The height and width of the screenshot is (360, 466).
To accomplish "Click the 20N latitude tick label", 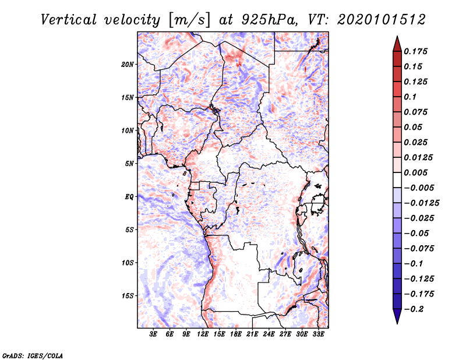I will [128, 64].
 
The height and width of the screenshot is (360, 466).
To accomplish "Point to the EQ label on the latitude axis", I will [129, 197].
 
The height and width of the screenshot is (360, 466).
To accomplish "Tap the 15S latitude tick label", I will [128, 296].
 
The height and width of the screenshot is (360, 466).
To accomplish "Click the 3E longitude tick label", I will [154, 334].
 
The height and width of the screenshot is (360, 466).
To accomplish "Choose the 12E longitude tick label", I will [203, 334].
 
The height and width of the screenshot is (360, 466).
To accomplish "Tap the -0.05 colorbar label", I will [415, 233].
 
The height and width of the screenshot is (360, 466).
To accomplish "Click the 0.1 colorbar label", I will [411, 96].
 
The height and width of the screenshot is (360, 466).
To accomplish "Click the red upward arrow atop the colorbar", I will [397, 43].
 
